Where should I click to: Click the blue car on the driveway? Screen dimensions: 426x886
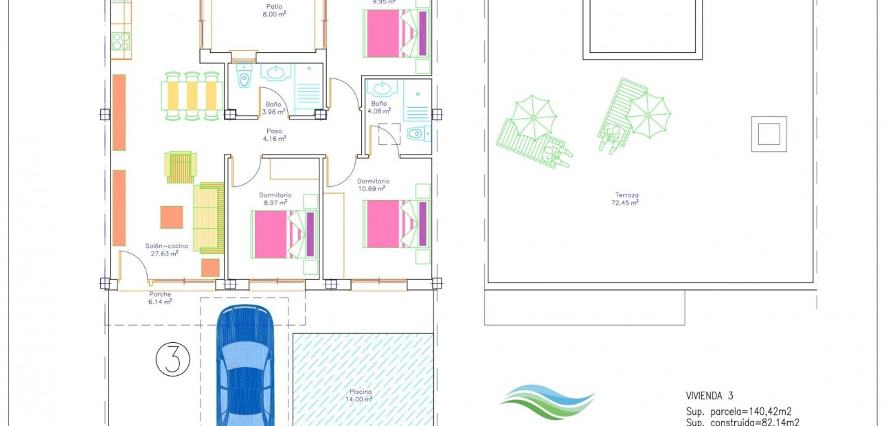point(245,368)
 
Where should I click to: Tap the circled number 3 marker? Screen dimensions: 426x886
point(172,359)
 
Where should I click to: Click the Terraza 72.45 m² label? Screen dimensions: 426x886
point(625,199)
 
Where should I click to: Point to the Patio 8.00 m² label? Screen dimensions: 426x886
point(274,10)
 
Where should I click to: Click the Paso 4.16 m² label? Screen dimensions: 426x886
point(274,134)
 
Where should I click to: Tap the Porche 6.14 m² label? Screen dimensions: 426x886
point(159,298)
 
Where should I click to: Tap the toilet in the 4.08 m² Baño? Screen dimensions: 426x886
point(417,133)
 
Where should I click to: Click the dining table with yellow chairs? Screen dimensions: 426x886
point(192,96)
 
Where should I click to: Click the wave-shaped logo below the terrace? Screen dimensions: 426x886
point(547,403)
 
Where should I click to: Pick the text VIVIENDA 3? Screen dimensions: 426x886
point(709,395)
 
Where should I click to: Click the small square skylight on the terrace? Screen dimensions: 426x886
point(768,133)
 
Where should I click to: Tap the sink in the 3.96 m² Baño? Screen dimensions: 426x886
point(276,72)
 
